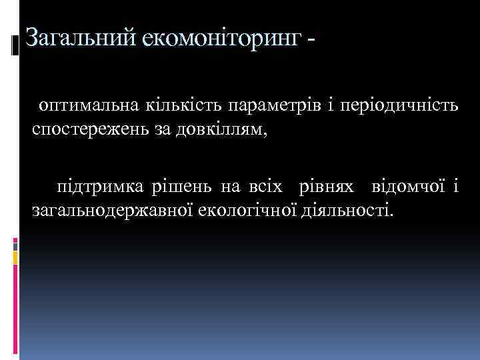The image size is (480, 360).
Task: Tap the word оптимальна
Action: (87, 105)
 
